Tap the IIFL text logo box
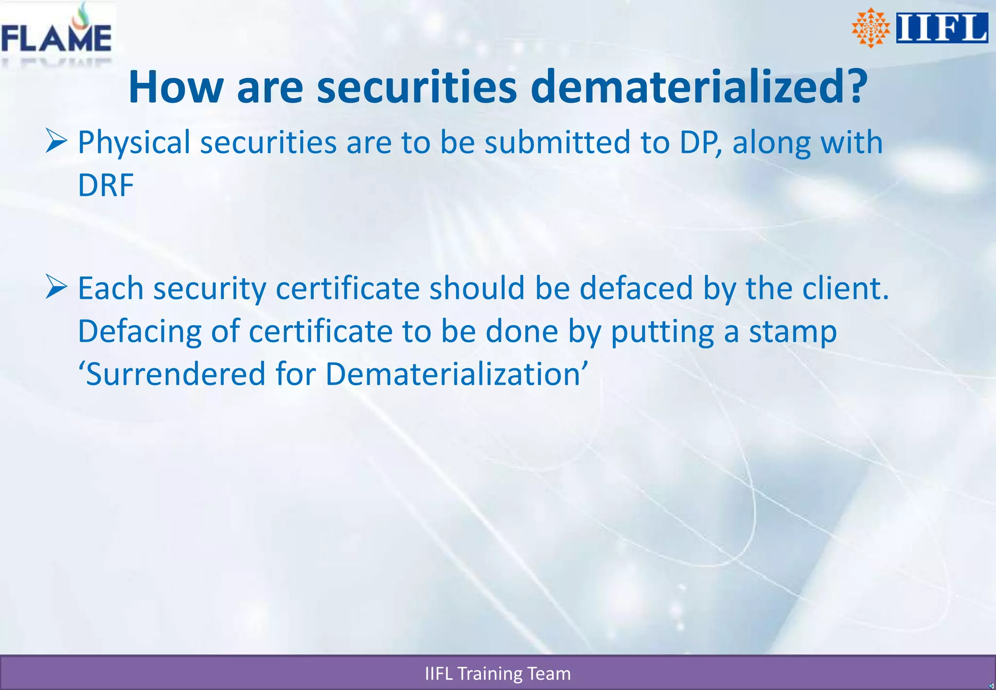point(942,28)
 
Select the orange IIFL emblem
point(871,28)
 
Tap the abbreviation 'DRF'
point(106,185)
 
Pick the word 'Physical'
point(134,143)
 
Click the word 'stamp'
point(793,332)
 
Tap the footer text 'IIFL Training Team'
point(498,673)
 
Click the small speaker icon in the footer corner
point(991,686)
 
